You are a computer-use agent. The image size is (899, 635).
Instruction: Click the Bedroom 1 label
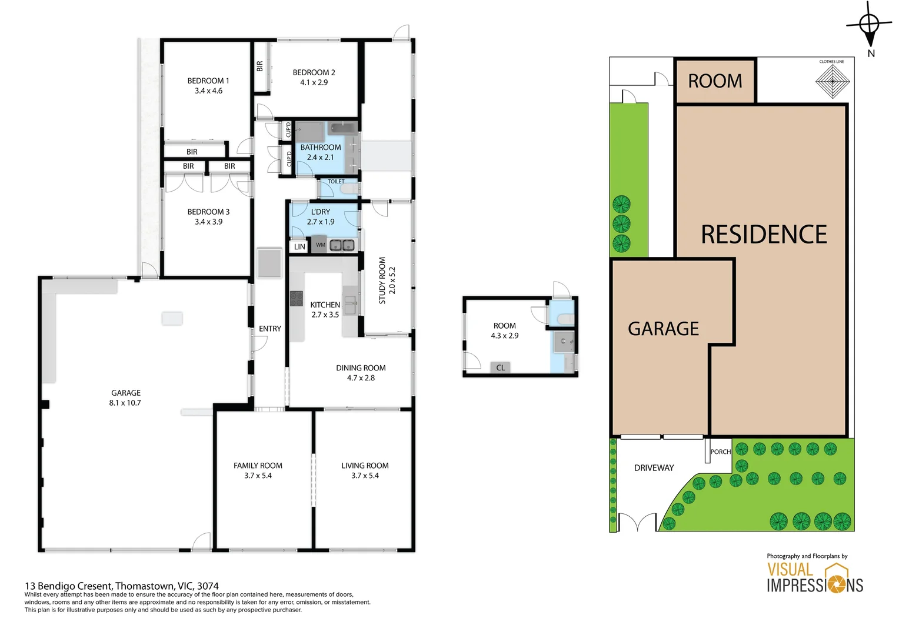208,81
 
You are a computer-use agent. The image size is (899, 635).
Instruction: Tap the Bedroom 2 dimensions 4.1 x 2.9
314,82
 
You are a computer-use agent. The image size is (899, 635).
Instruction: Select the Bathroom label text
321,147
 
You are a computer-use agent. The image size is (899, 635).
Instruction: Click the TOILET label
336,182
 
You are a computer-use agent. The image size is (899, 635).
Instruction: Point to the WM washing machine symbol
320,245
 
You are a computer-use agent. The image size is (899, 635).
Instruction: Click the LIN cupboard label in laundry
299,246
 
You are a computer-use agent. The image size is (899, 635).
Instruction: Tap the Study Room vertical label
382,280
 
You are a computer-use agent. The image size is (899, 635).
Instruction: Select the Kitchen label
325,305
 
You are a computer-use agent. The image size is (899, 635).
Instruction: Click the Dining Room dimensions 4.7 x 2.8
361,378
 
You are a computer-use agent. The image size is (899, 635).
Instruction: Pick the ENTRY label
270,329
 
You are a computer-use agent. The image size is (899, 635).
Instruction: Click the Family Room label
258,466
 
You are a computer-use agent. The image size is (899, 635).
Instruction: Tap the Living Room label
365,466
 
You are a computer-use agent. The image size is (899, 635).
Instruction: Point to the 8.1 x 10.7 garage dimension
125,403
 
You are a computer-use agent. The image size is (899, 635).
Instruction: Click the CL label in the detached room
500,367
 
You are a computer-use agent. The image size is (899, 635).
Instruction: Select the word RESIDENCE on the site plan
764,235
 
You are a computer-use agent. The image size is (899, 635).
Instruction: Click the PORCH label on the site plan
720,452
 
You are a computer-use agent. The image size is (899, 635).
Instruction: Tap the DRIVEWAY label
654,468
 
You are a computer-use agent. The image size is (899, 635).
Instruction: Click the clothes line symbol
833,81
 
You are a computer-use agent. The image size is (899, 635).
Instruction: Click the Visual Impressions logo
814,577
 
